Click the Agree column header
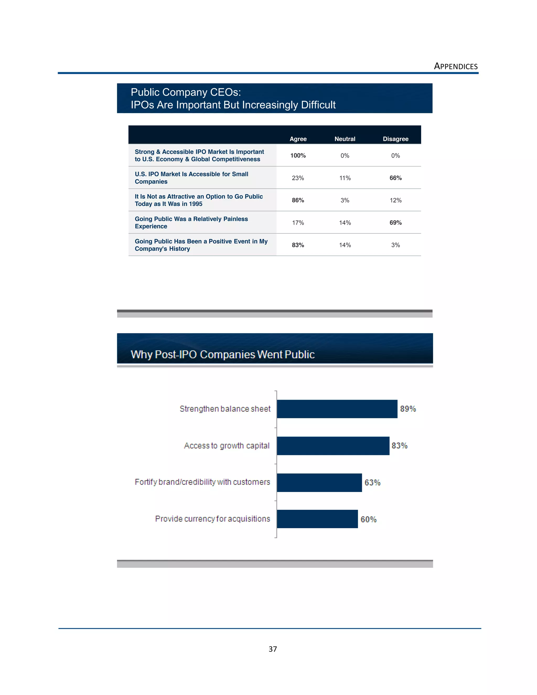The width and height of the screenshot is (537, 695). pos(298,139)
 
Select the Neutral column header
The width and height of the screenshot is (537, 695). pos(345,139)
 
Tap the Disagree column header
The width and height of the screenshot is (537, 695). pos(395,139)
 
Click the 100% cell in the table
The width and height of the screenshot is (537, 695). pos(298,156)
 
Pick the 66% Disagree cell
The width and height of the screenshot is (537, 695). pos(395,178)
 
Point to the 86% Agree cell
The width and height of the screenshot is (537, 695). pos(298,200)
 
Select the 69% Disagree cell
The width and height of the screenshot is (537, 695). pos(395,223)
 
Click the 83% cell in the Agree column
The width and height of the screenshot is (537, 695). pos(298,245)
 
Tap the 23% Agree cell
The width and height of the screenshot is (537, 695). pos(298,178)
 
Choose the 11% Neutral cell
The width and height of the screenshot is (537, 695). pos(345,178)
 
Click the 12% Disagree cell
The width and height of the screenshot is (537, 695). pos(395,200)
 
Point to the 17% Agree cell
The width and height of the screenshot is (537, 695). pos(298,223)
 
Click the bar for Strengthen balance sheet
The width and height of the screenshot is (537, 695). pos(337,409)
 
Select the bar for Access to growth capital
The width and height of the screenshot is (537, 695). pos(333,446)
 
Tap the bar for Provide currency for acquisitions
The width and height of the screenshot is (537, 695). pos(317,519)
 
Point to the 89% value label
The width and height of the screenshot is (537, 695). pos(408,409)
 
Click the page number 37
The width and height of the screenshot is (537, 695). pos(273,649)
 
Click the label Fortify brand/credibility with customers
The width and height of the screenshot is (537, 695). pos(202,482)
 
